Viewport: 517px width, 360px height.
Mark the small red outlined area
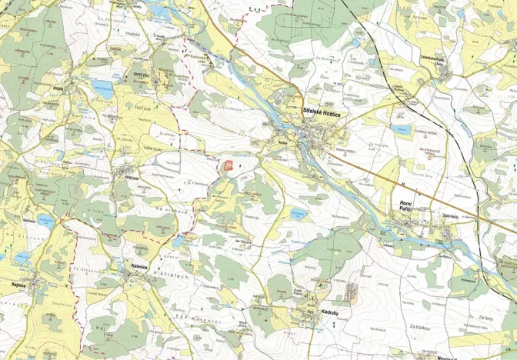click(x=228, y=164)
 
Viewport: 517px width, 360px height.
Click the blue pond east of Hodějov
click(x=102, y=88)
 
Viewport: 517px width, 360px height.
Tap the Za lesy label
click(x=484, y=317)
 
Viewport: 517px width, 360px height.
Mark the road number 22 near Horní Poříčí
click(x=400, y=185)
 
